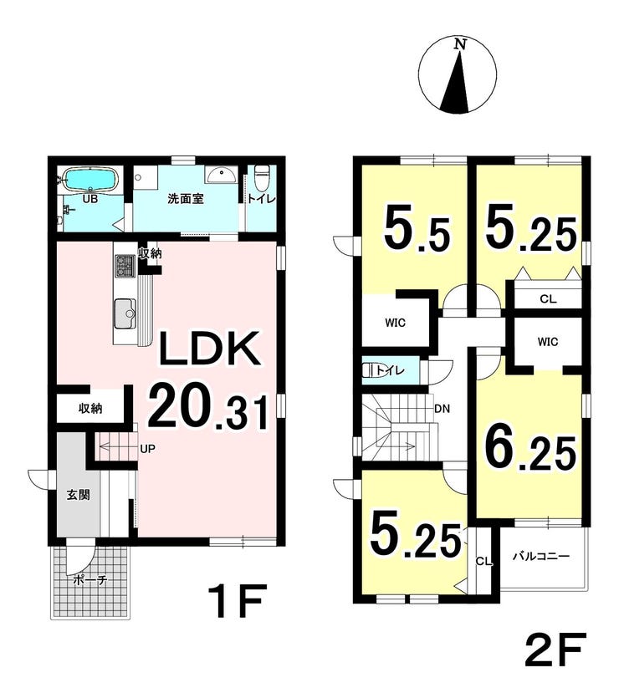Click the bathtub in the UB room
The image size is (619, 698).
[x=92, y=179]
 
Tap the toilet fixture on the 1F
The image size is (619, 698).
[x=260, y=176]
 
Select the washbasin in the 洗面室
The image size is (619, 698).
[x=222, y=174]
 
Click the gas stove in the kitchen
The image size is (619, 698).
[x=125, y=265]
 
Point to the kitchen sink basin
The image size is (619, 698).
[x=125, y=308]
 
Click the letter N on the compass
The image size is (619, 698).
[x=460, y=43]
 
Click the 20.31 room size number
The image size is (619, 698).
[x=208, y=410]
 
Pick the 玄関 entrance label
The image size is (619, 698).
[x=79, y=495]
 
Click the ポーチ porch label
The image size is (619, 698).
[x=90, y=580]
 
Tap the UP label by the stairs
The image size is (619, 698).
[x=147, y=449]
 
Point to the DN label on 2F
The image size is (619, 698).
[x=442, y=409]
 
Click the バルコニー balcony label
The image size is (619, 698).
[x=541, y=557]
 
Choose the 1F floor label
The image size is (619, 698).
[x=237, y=600]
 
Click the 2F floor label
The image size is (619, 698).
[x=554, y=650]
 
